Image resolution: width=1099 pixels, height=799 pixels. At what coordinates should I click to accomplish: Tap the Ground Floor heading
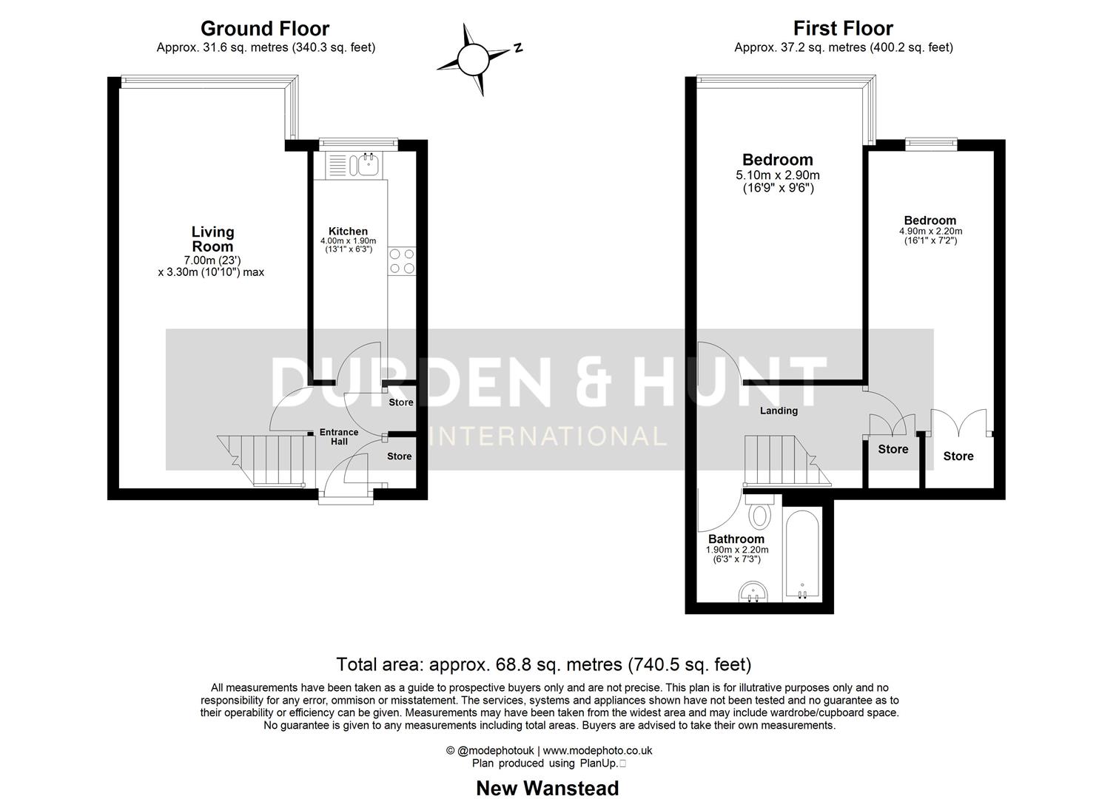[x=264, y=29]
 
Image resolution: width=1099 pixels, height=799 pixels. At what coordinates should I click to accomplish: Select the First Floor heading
[x=843, y=29]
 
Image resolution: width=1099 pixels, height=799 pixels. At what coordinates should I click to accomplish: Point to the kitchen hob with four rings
[x=401, y=261]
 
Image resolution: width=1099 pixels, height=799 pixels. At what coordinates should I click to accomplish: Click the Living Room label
[x=212, y=239]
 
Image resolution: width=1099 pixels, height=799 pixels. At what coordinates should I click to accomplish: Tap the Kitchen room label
[x=348, y=232]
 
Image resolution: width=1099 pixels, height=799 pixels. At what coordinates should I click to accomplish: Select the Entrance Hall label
[x=338, y=436]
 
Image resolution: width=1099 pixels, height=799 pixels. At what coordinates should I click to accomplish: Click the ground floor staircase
[x=263, y=459]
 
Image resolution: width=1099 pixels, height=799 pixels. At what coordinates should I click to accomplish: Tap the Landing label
[x=779, y=411]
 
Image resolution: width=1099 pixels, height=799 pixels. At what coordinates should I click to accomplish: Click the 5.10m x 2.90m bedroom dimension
[x=777, y=176]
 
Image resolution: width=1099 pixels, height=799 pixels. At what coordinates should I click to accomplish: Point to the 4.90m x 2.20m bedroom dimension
[x=930, y=231]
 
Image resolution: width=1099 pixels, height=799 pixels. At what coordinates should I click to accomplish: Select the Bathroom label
[x=736, y=539]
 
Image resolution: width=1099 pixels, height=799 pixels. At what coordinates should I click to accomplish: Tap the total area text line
[x=543, y=664]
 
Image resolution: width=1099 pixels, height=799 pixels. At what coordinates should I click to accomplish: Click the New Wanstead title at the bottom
[x=547, y=788]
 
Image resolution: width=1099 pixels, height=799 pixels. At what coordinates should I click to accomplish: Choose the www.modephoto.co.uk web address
[x=597, y=750]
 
